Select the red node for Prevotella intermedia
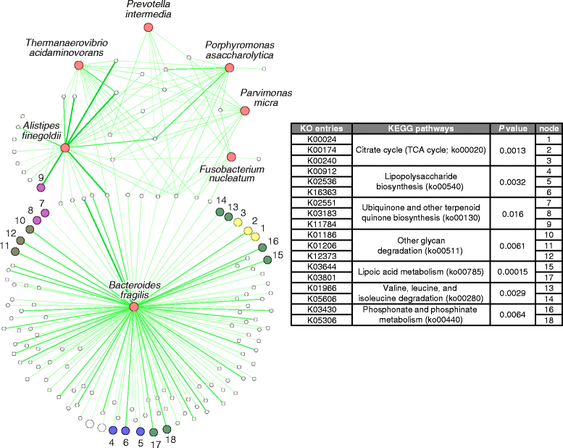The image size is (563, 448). pos(149,28)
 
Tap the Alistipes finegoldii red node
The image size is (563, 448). pos(65,148)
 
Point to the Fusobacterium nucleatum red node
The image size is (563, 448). pos(231,157)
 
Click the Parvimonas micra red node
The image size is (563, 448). pos(245,111)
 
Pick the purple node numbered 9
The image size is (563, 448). pos(41,188)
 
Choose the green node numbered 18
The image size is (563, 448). pos(167,430)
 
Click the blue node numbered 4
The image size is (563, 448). pos(112,431)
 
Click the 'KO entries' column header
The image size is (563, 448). pos(321,128)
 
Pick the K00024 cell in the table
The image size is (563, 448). pos(321,138)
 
